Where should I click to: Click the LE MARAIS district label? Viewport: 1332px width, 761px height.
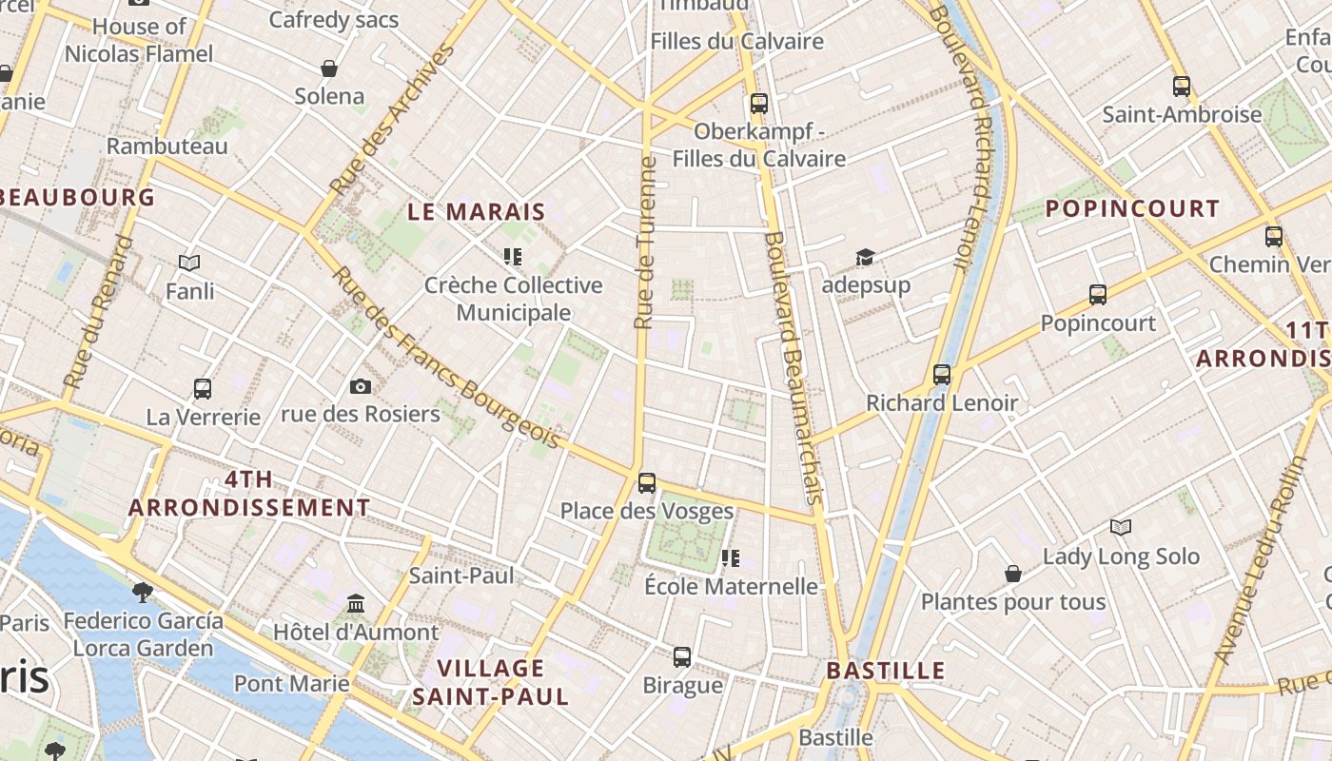(x=477, y=212)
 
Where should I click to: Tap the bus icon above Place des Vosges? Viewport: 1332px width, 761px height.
(x=647, y=482)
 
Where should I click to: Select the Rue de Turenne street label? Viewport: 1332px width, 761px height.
(x=646, y=244)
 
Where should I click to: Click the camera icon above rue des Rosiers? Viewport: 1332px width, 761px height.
(x=360, y=385)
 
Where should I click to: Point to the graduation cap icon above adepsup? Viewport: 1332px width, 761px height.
(x=865, y=257)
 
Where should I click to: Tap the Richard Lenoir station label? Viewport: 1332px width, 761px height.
(x=941, y=403)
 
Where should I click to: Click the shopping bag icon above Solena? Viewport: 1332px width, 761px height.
(x=329, y=68)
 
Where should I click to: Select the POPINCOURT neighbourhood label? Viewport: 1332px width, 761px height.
(x=1132, y=209)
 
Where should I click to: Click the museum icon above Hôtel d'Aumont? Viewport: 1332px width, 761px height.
(x=356, y=603)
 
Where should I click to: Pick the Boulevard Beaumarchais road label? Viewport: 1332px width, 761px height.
(x=793, y=367)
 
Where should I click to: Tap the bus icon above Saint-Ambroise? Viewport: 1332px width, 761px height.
(x=1182, y=87)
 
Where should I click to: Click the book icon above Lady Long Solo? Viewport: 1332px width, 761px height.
(x=1121, y=527)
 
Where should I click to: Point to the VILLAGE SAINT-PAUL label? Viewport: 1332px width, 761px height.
(x=491, y=682)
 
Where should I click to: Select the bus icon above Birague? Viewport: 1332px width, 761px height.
(x=682, y=656)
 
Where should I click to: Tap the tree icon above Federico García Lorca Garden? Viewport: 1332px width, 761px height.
(x=143, y=593)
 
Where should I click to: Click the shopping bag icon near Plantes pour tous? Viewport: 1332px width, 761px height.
(x=1013, y=574)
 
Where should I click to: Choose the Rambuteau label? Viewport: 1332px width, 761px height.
(x=167, y=146)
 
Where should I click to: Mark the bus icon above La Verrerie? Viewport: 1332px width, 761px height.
(x=203, y=388)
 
